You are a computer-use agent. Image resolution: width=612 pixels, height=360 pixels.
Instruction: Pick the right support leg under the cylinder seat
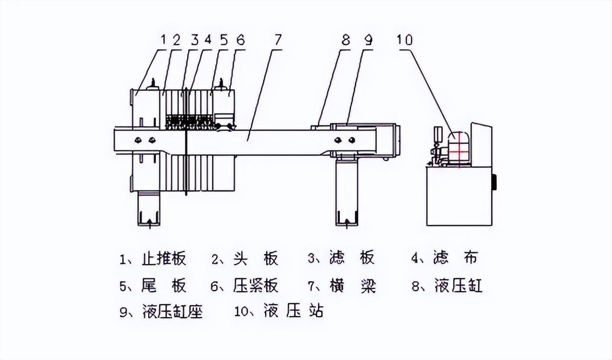tap(346, 194)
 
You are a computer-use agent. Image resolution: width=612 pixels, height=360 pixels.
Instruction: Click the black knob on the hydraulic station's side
tap(495, 182)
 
